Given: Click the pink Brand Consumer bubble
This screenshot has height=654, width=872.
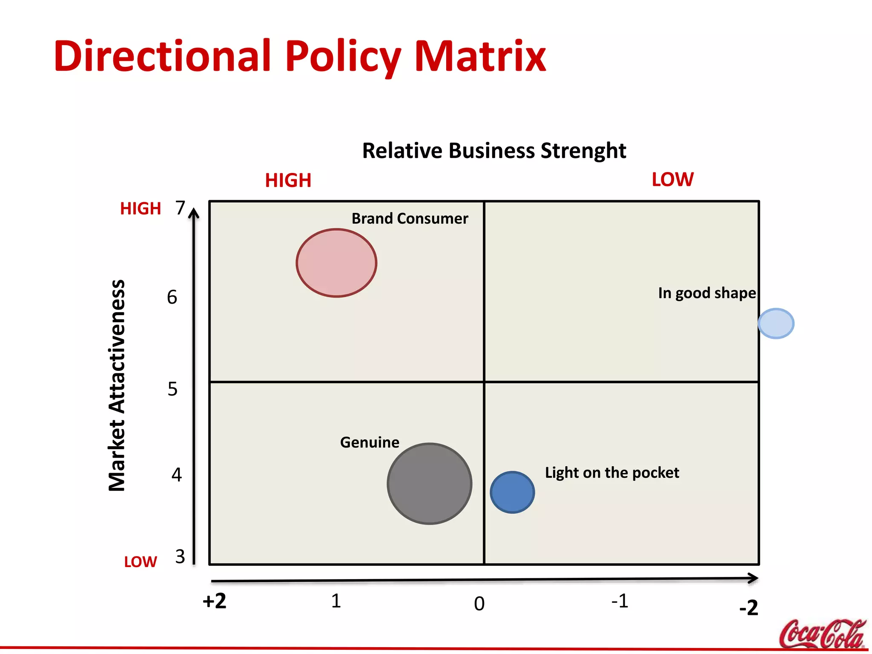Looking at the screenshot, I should coord(336,263).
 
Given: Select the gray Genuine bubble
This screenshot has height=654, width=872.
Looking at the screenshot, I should coord(430,484).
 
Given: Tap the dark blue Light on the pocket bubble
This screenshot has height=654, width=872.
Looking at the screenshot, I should coord(512,492).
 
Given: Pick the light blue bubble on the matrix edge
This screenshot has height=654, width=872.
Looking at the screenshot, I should coord(776,324).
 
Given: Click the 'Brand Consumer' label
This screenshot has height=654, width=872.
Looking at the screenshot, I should coord(410,218).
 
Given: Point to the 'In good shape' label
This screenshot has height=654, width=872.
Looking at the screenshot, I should coord(707,293).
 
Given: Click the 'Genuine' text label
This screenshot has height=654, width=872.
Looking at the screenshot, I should coord(370,442).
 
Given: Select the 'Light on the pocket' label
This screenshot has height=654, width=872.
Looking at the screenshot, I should coord(612,473).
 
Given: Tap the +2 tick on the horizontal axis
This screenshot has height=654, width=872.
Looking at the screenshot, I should coord(215,601).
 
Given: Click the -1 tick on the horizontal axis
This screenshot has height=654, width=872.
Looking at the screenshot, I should coord(620,601).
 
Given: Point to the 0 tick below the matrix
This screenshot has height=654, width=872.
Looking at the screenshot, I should coord(479,604).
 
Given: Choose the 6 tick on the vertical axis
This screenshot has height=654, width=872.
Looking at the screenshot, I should coord(172,297).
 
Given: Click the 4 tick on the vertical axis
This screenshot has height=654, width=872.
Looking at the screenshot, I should coord(177,474).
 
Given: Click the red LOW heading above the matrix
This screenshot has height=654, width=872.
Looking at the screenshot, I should coord(673,179).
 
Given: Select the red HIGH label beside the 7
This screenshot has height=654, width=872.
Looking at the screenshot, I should coord(141,209).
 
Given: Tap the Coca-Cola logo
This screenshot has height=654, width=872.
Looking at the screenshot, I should coord(822,633).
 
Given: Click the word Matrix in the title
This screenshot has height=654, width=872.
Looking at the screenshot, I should coord(480,56).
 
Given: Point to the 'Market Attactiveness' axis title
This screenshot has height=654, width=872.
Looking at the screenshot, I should coord(117,385).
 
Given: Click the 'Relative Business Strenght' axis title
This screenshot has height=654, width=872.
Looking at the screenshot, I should coord(494,151).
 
